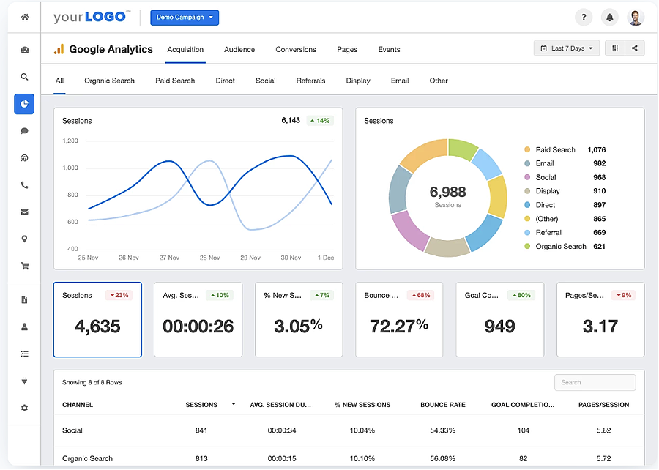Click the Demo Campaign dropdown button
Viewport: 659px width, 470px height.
[x=184, y=18]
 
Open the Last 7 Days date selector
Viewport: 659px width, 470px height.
[x=567, y=48]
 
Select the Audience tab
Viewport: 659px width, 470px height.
[x=239, y=50]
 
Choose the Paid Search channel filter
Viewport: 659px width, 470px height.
[x=175, y=81]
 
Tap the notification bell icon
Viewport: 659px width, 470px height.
[x=608, y=18]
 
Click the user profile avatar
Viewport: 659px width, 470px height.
[x=635, y=18]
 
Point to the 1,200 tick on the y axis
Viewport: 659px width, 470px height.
[x=70, y=141]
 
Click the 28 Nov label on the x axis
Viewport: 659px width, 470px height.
[x=210, y=258]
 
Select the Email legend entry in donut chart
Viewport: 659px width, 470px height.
[x=545, y=163]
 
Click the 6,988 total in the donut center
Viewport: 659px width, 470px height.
[x=447, y=193]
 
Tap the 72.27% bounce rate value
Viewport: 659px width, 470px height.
[x=399, y=326]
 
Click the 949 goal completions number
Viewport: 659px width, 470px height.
[x=499, y=326]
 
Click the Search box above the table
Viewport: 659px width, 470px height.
[x=595, y=382]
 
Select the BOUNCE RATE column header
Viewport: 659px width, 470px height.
[x=442, y=405]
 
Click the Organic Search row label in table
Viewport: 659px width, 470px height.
[x=87, y=459]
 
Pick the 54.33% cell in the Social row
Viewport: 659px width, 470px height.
[x=442, y=430]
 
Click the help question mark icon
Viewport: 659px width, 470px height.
[x=583, y=18]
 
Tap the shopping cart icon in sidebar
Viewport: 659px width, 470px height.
[x=24, y=266]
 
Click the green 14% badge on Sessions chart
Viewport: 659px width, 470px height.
[x=319, y=121]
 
